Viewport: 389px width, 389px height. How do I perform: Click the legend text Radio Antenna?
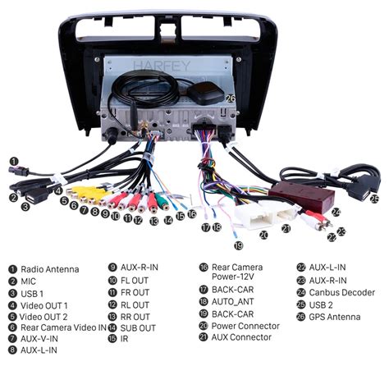tap(50, 269)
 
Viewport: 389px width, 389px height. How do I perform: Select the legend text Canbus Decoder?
tap(342, 292)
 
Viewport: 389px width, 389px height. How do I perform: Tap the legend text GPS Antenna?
tap(335, 317)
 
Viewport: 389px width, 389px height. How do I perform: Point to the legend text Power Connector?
tap(245, 326)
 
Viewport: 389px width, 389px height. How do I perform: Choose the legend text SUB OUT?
tap(138, 327)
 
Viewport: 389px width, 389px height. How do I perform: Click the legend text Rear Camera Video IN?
tap(63, 327)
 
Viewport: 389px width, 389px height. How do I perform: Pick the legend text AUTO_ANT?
tap(233, 301)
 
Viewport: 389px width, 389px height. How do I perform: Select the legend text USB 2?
tap(321, 304)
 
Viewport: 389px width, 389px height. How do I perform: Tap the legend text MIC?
tap(28, 281)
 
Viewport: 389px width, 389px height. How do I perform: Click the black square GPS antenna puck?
tap(206, 93)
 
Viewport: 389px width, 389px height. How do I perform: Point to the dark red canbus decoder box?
tap(302, 197)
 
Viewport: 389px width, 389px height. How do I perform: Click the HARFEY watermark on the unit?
tap(162, 66)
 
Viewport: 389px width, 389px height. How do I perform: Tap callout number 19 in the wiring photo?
tap(239, 245)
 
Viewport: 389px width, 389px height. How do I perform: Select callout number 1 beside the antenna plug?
tap(14, 162)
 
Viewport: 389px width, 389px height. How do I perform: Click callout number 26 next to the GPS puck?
tap(231, 98)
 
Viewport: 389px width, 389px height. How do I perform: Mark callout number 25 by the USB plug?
tap(374, 199)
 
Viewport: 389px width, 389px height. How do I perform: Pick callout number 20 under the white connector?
tap(263, 235)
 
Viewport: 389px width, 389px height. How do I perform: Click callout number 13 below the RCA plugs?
tap(154, 221)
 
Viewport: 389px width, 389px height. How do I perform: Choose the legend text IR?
tap(124, 339)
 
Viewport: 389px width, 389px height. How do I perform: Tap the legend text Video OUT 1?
tap(43, 305)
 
